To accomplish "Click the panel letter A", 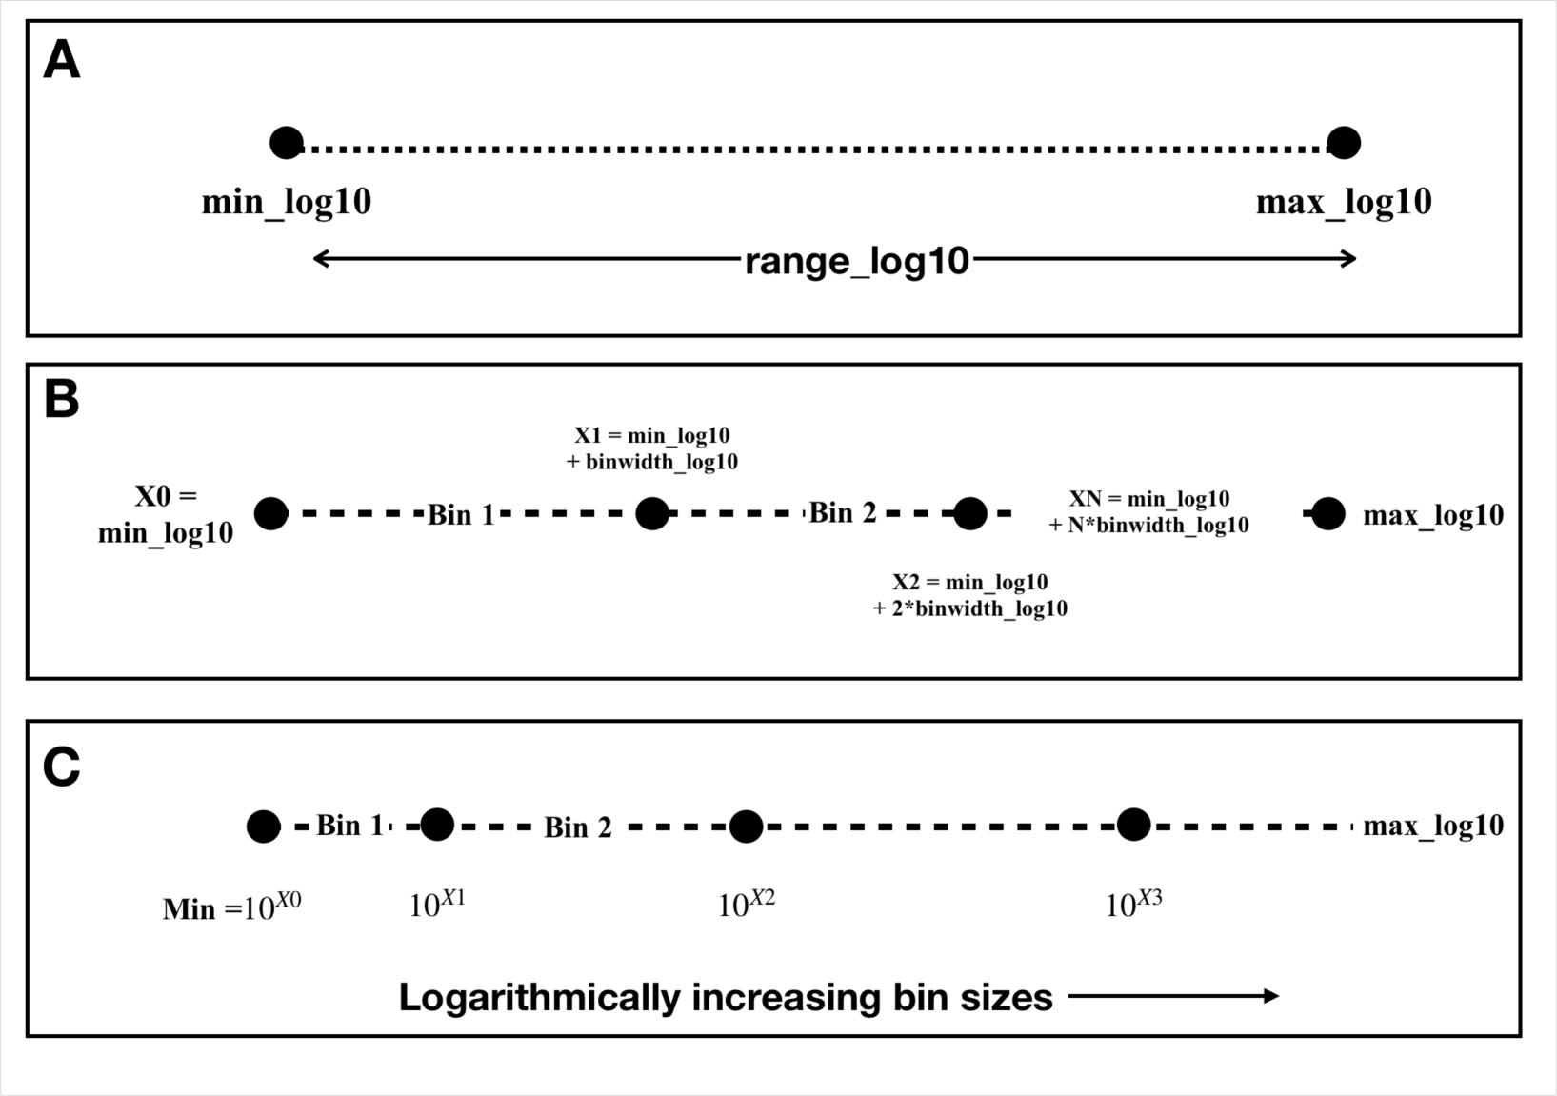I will pos(62,63).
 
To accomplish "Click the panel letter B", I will pos(62,401).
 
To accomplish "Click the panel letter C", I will pos(62,768).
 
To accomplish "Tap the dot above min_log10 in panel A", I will pos(287,143).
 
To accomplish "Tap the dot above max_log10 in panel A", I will pos(1344,143).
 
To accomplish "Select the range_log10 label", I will pos(856,260).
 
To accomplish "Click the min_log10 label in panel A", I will pos(287,202).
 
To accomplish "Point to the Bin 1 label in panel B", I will pos(461,515).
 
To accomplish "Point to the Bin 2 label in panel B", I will pos(843,513).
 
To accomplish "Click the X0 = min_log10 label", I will pos(166,514).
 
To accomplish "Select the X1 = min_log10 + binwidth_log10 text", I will pos(652,448).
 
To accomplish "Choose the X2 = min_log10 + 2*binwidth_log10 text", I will pos(969,595).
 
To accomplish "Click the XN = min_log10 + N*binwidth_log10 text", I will pos(1148,512).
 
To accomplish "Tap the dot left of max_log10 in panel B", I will pos(1327,514).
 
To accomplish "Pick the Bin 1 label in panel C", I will pos(349,826).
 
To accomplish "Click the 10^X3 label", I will pos(1133,904).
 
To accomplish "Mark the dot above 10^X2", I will pos(746,827).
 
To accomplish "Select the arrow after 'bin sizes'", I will pos(1173,997).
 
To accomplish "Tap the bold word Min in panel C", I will pos(190,909).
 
